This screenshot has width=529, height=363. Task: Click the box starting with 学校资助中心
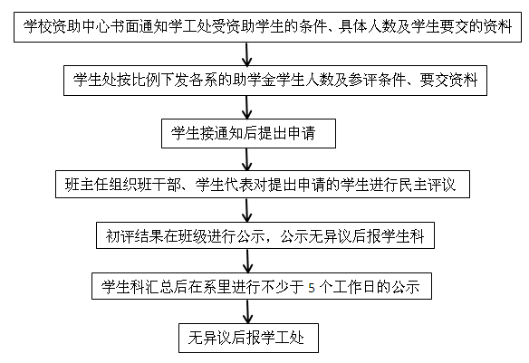click(x=267, y=27)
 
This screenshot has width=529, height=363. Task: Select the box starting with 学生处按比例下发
click(x=275, y=81)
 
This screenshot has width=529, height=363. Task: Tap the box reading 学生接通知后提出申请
click(x=248, y=133)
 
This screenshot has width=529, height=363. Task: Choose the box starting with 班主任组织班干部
click(x=263, y=185)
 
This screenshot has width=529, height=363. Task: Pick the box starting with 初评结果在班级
click(x=265, y=235)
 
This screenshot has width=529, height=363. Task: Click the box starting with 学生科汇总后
click(x=262, y=286)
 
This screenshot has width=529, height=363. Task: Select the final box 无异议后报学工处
click(x=248, y=338)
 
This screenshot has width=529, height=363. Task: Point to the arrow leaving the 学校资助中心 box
click(x=247, y=54)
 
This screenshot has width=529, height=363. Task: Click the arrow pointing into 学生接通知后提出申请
click(x=247, y=108)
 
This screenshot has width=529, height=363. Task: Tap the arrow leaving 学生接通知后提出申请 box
click(x=247, y=159)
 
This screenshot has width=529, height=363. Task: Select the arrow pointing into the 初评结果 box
click(x=247, y=210)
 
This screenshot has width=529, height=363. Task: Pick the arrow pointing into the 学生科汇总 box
click(x=247, y=262)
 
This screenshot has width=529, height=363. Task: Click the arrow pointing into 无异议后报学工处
click(x=248, y=312)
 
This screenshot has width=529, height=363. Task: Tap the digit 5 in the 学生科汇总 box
click(x=312, y=288)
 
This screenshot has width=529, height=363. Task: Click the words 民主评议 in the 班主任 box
click(x=428, y=185)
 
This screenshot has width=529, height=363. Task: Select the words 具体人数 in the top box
click(x=368, y=27)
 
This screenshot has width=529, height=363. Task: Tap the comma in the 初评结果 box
click(x=273, y=240)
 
